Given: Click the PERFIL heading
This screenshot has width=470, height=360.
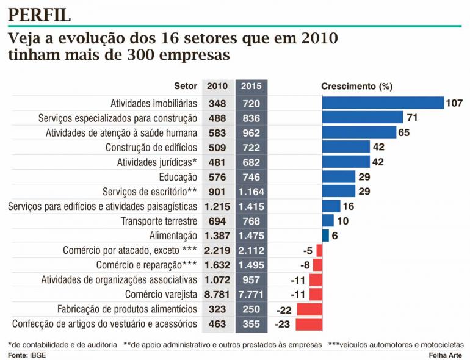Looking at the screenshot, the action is pyautogui.click(x=39, y=15).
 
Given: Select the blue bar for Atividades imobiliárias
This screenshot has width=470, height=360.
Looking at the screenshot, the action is pyautogui.click(x=383, y=103).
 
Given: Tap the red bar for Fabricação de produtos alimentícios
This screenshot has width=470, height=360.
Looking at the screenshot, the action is pyautogui.click(x=309, y=309).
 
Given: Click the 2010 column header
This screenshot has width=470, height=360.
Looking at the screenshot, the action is pyautogui.click(x=217, y=86).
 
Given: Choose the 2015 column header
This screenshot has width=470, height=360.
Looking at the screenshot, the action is pyautogui.click(x=251, y=86).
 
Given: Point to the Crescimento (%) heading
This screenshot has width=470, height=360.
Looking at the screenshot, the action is pyautogui.click(x=356, y=86).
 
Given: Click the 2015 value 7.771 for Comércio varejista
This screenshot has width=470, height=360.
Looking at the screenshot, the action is pyautogui.click(x=251, y=294).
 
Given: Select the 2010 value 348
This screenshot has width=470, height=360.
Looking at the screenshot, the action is pyautogui.click(x=217, y=103).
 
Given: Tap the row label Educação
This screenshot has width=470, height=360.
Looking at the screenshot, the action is pyautogui.click(x=178, y=177).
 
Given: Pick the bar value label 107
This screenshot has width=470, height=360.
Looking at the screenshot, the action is pyautogui.click(x=454, y=103).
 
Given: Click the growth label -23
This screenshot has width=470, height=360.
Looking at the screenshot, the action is pyautogui.click(x=283, y=324).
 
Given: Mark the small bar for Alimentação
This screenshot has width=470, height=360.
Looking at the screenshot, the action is pyautogui.click(x=325, y=236).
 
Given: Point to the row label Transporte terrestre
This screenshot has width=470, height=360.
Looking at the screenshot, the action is pyautogui.click(x=159, y=221).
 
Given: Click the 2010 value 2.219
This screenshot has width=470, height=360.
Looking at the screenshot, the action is pyautogui.click(x=217, y=250).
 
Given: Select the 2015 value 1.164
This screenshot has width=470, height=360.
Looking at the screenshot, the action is pyautogui.click(x=251, y=192).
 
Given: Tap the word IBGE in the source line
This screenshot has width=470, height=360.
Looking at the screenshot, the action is pyautogui.click(x=38, y=355).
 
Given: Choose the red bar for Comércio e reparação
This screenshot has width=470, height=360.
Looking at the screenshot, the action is pyautogui.click(x=318, y=265).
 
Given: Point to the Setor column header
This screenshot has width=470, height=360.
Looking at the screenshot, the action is pyautogui.click(x=186, y=86).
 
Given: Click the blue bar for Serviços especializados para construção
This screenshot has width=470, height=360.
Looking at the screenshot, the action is pyautogui.click(x=363, y=117).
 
